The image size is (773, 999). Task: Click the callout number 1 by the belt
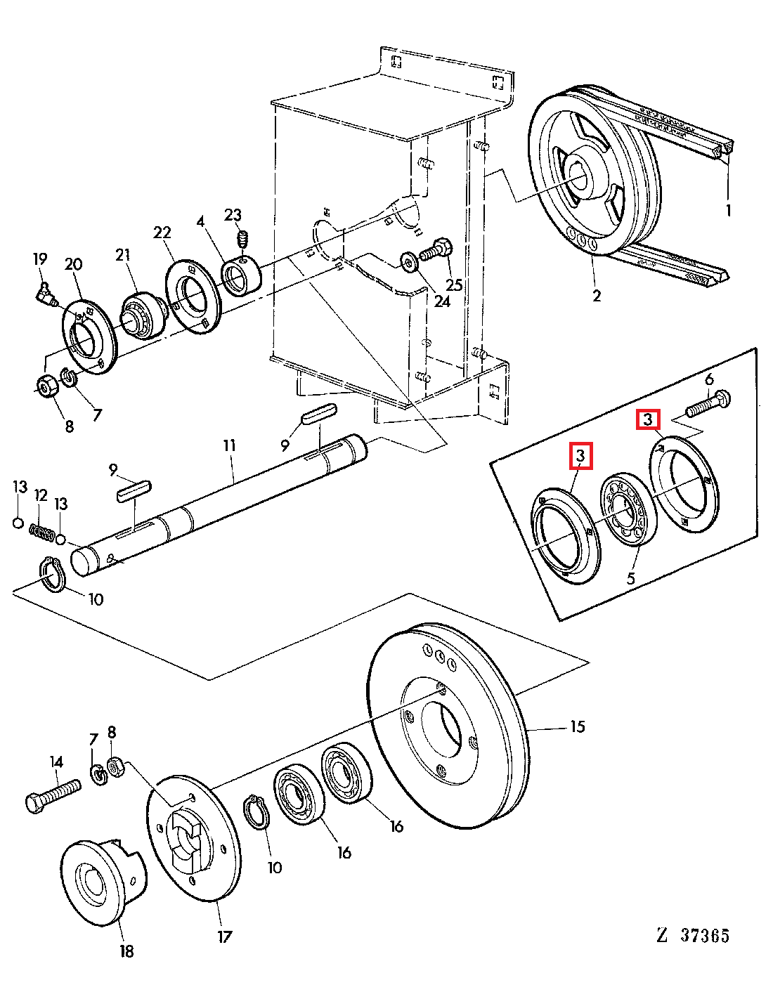(x=729, y=210)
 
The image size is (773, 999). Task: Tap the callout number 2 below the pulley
(x=597, y=296)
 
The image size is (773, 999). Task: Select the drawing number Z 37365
(x=694, y=935)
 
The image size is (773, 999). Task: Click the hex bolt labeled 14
(x=52, y=795)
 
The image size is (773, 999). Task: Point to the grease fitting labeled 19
(x=47, y=294)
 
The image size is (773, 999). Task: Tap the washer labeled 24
(x=408, y=261)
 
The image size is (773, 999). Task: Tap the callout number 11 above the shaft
(x=229, y=445)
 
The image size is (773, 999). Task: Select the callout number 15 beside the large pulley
(x=577, y=726)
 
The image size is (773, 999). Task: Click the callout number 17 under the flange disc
(x=223, y=936)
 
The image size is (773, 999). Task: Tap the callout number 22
(x=162, y=233)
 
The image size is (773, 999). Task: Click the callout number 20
(x=73, y=264)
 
